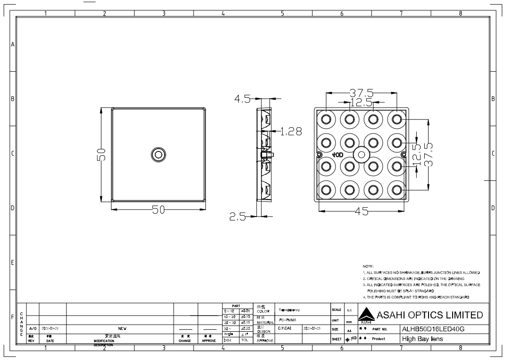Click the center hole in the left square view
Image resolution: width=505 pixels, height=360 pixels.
158,154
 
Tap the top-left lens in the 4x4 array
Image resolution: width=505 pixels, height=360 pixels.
326,118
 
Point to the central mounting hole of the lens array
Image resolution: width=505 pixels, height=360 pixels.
362,154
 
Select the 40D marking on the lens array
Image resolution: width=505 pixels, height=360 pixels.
337,155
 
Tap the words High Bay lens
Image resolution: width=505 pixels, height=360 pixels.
422,339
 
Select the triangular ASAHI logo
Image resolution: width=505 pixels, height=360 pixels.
366,315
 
